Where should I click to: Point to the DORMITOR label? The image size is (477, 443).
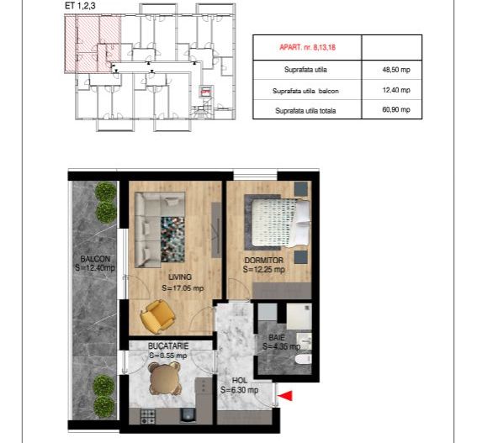click(263, 261)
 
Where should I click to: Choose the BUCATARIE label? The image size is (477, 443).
click(167, 345)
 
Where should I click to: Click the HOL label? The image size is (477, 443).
click(239, 381)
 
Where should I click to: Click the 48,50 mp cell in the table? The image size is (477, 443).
click(395, 71)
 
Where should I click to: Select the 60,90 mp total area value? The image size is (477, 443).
click(395, 109)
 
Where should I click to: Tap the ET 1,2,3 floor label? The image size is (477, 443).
click(80, 6)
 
